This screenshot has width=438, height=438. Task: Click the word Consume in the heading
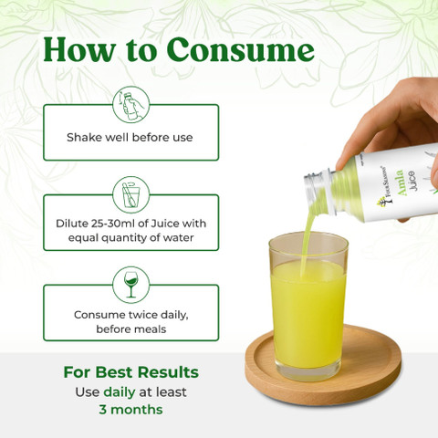pyautogui.click(x=240, y=50)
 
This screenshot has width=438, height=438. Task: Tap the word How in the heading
pyautogui.click(x=79, y=49)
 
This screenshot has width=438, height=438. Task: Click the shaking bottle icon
pyautogui.click(x=131, y=104)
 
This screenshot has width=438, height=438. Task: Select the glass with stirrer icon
pyautogui.click(x=131, y=194)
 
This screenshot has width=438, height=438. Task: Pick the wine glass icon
pyautogui.click(x=131, y=285)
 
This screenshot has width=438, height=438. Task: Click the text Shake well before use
pyautogui.click(x=130, y=138)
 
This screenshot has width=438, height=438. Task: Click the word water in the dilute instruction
pyautogui.click(x=178, y=237)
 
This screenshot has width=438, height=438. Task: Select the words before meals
pyautogui.click(x=131, y=329)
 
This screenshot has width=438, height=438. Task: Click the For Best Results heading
pyautogui.click(x=131, y=372)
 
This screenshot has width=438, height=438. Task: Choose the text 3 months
pyautogui.click(x=130, y=410)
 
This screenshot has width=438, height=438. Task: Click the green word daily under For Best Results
pyautogui.click(x=120, y=392)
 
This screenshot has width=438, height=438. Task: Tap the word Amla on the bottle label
pyautogui.click(x=401, y=183)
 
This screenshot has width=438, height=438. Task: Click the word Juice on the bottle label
pyautogui.click(x=412, y=181)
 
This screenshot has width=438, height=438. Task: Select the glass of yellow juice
pyautogui.click(x=308, y=306)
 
